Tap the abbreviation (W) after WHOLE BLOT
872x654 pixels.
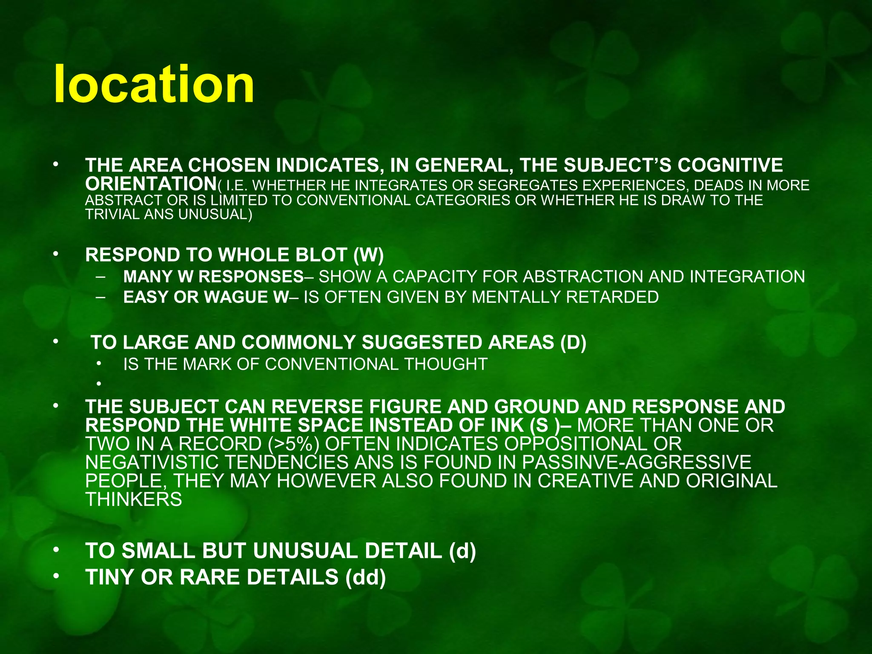[368, 255]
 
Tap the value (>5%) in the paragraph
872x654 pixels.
[294, 444]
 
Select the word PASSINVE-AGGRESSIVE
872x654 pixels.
[637, 462]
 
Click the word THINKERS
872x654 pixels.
[134, 499]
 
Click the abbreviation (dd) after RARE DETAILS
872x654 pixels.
[365, 577]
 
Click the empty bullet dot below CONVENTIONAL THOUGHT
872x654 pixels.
[99, 384]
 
